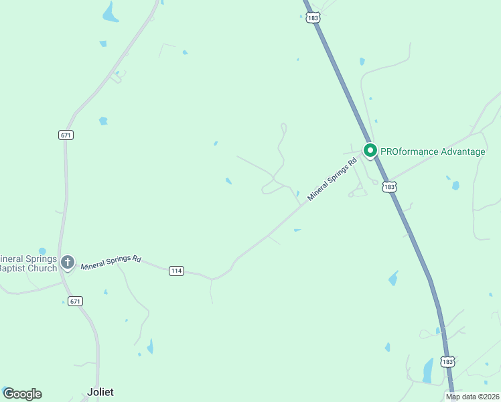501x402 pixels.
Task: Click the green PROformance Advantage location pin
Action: click(x=369, y=150)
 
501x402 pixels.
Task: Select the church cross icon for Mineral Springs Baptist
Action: click(x=67, y=262)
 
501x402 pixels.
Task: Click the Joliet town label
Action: click(x=100, y=392)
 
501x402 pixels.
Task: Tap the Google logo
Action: click(x=22, y=394)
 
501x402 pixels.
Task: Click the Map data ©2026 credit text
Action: click(x=473, y=397)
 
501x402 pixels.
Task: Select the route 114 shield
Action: click(x=175, y=271)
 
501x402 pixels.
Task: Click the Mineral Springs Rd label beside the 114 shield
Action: click(x=111, y=261)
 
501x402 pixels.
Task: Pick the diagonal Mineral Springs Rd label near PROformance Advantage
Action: click(x=332, y=180)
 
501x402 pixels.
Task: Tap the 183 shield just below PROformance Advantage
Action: click(x=389, y=187)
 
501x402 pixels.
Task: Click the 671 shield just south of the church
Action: click(x=75, y=301)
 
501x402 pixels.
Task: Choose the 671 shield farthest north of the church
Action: click(x=66, y=135)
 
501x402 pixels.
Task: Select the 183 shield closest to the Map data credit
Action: click(x=448, y=361)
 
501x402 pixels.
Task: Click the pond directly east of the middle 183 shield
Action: click(x=455, y=186)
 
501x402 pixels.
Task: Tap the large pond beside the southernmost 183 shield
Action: click(x=427, y=370)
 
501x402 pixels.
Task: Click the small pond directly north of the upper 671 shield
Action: click(x=103, y=121)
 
